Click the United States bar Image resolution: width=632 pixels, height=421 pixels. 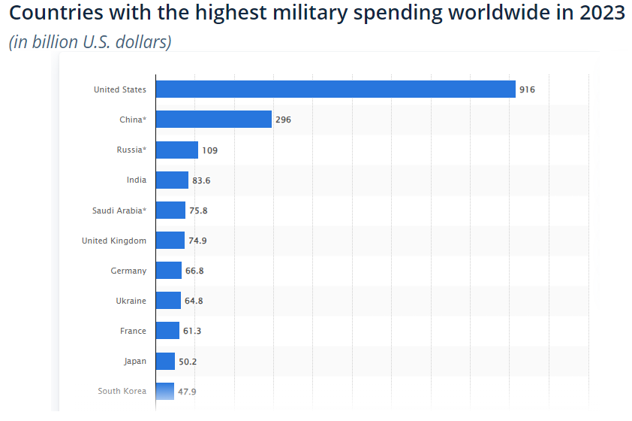click(x=336, y=89)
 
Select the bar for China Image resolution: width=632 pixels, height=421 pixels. click(x=213, y=120)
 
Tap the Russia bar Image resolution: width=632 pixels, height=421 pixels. click(x=177, y=150)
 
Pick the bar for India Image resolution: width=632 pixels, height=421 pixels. click(x=172, y=180)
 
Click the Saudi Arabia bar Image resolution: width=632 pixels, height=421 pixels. click(x=170, y=210)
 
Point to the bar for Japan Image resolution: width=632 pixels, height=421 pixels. click(x=165, y=362)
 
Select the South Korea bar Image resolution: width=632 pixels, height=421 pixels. click(x=164, y=391)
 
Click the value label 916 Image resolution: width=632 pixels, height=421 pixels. click(x=527, y=89)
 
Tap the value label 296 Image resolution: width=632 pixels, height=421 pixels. click(x=283, y=120)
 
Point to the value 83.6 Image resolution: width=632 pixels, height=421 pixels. click(x=201, y=180)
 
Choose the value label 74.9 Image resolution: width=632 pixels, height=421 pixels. click(x=197, y=241)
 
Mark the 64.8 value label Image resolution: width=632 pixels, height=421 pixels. click(x=194, y=301)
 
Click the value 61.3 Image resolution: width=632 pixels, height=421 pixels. click(x=192, y=331)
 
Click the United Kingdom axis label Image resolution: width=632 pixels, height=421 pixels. click(x=114, y=241)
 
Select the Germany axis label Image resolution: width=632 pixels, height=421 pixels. click(x=128, y=271)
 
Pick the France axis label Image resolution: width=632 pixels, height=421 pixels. click(x=133, y=331)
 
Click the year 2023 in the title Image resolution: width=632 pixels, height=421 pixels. click(x=602, y=14)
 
